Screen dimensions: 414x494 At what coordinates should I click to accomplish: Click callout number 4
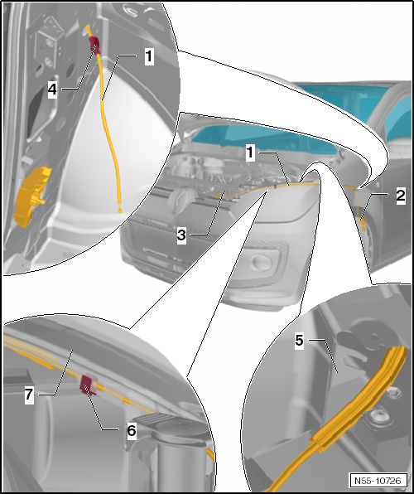(52, 90)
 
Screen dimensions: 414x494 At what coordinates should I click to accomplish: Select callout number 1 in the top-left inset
(149, 56)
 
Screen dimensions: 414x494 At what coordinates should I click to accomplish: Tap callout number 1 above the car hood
(250, 153)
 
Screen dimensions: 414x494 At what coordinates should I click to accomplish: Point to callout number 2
(401, 196)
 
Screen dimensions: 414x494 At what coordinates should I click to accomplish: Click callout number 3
(181, 235)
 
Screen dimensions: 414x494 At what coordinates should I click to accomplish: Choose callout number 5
(299, 341)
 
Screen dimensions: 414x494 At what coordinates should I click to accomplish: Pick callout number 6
(132, 430)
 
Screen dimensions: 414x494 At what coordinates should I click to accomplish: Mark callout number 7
(29, 395)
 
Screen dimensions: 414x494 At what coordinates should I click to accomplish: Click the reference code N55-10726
(378, 481)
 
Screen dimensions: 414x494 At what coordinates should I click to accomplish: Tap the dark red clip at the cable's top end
(94, 44)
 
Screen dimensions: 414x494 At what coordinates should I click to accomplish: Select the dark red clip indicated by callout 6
(88, 385)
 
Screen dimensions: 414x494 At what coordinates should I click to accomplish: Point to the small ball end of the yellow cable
(120, 210)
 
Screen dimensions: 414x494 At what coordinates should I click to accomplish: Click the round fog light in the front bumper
(259, 261)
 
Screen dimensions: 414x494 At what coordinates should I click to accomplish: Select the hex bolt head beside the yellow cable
(393, 393)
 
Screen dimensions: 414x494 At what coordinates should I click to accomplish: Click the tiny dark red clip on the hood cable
(276, 186)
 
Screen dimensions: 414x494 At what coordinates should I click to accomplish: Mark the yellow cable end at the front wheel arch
(363, 224)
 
